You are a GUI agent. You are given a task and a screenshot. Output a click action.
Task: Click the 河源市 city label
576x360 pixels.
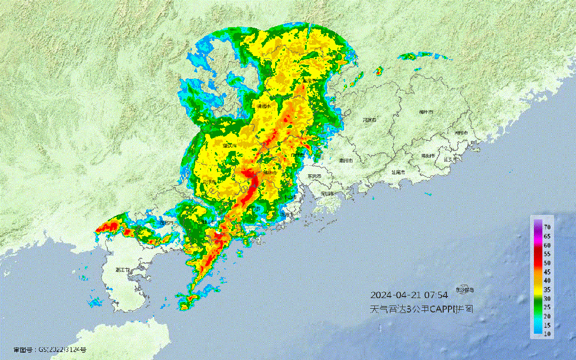(x=370, y=120)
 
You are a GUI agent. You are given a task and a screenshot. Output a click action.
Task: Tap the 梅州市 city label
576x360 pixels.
(x=426, y=113)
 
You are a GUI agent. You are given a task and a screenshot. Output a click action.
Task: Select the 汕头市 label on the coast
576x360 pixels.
(x=451, y=158)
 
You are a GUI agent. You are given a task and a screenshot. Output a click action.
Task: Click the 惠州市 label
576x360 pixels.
(x=347, y=159)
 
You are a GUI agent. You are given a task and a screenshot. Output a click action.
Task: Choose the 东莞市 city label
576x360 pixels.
(x=315, y=175)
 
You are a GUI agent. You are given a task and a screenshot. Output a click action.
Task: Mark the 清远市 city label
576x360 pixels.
(x=263, y=107)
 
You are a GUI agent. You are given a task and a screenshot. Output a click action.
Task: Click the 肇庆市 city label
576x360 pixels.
(x=229, y=145)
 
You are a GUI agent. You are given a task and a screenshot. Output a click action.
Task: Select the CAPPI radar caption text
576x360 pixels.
(x=422, y=309)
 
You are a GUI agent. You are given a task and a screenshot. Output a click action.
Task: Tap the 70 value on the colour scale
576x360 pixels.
(x=547, y=227)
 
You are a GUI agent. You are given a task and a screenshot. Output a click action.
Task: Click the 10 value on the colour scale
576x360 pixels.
(x=547, y=334)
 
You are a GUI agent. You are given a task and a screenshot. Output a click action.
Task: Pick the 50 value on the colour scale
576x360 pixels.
(x=547, y=263)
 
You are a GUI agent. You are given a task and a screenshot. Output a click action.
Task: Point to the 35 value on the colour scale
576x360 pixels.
(x=547, y=290)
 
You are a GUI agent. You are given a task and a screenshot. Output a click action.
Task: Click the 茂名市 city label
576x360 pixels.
(x=167, y=223)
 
